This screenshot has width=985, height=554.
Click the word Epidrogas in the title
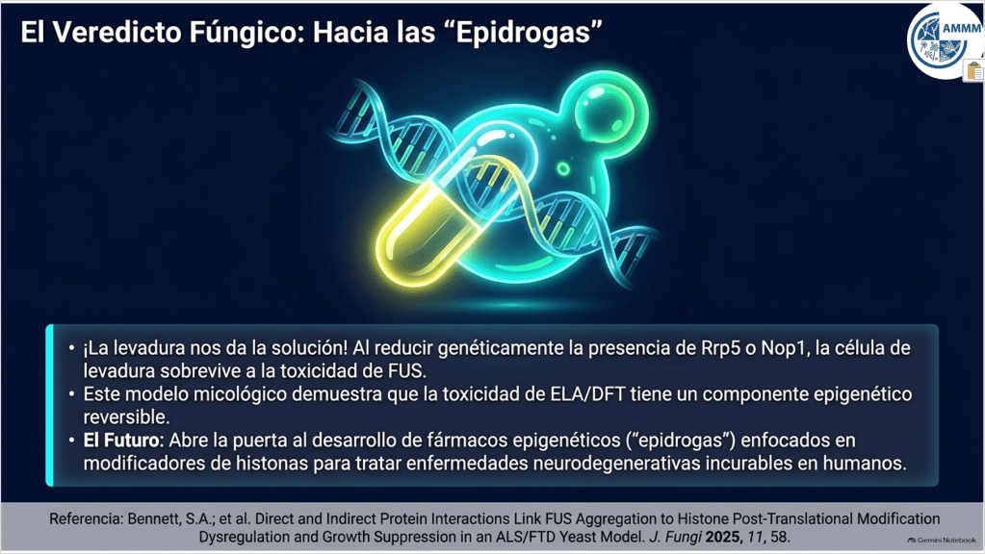coord(523,33)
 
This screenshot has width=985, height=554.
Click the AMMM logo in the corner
coord(944,40)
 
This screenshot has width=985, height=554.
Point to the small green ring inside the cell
coord(563,168)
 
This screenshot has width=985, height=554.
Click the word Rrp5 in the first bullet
coord(720,347)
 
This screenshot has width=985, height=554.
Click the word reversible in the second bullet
coord(126,417)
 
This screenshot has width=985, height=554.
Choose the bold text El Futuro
coord(121,441)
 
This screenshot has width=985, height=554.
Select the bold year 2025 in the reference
coord(725,537)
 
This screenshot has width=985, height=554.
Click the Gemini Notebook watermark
coord(942,541)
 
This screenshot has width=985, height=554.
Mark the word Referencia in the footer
coord(86,518)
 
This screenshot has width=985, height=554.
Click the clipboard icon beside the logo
coord(974,71)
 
